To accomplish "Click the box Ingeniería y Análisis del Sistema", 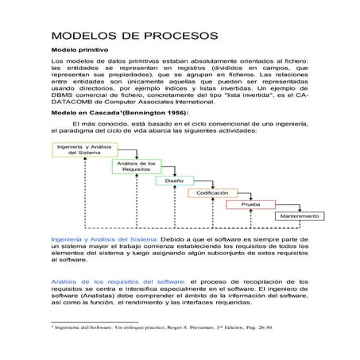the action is [x=84, y=149].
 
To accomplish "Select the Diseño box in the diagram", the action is [x=174, y=180].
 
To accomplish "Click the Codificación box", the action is [x=212, y=192].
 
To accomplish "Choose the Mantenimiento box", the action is [x=299, y=216].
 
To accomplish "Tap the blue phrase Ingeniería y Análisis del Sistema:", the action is [x=104, y=238].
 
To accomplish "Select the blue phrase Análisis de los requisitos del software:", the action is [x=118, y=281].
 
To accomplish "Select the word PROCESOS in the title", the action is [x=180, y=37].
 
